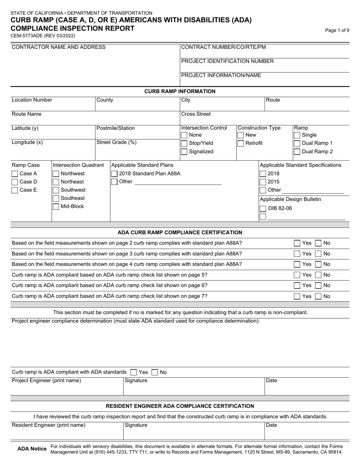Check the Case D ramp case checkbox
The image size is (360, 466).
[x=15, y=182]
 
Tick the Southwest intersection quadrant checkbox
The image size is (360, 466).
[x=56, y=190]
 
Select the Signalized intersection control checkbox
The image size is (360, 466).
[x=184, y=152]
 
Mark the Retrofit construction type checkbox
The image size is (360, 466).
[x=240, y=143]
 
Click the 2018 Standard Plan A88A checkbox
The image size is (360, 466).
[x=114, y=174]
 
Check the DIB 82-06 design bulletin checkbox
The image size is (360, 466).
[x=263, y=208]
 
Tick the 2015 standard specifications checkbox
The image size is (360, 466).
[x=263, y=182]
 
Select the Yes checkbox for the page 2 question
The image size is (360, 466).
[x=297, y=243]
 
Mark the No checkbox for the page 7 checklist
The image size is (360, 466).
[x=319, y=296]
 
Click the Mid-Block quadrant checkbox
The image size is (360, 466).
[x=56, y=206]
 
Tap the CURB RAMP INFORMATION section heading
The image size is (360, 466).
[x=180, y=91]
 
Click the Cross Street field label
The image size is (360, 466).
[x=196, y=114]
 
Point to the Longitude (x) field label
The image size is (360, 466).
[x=27, y=142]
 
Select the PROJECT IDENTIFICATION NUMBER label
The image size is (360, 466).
[x=227, y=61]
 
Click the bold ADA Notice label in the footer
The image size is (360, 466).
[x=32, y=449]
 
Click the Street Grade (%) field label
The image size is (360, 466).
[x=116, y=142]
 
